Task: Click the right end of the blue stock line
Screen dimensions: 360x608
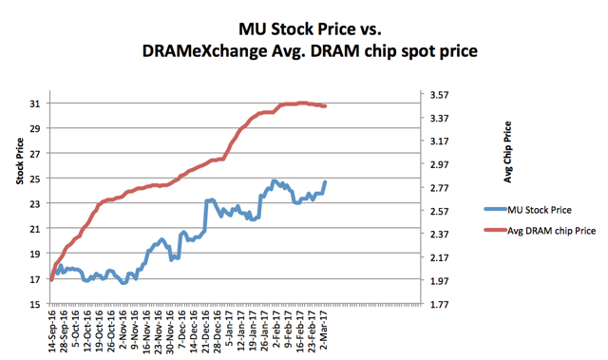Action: [325, 181]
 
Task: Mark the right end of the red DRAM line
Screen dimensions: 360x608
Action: [326, 105]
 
